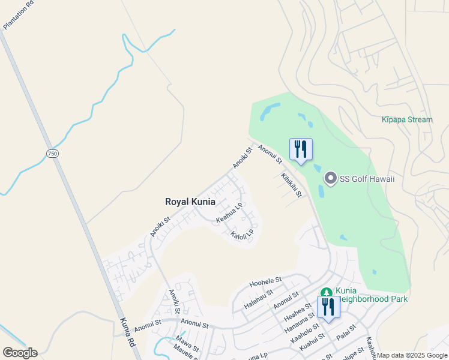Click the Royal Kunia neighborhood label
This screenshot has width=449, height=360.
click(x=190, y=202)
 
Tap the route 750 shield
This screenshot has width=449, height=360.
click(x=53, y=154)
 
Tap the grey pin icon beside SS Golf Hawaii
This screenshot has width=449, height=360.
click(x=330, y=178)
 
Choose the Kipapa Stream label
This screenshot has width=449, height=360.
click(x=406, y=119)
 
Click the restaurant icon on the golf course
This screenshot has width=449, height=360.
click(x=301, y=149)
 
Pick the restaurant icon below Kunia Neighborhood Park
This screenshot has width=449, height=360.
click(x=328, y=307)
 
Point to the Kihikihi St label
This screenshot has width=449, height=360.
click(x=291, y=185)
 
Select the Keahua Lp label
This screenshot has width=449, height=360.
click(x=229, y=213)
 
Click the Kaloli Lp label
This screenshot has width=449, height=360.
click(x=243, y=235)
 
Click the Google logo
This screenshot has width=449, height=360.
click(x=20, y=353)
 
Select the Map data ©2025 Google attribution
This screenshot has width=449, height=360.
click(x=412, y=355)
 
